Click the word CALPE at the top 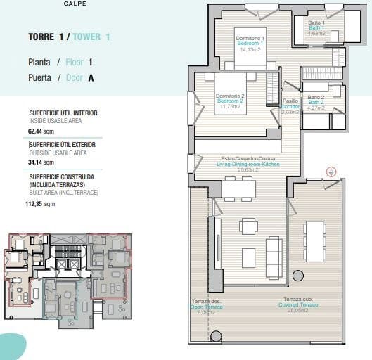(75, 4)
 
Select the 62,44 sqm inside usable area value (41, 131)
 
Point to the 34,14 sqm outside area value (40, 162)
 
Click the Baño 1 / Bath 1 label (316, 27)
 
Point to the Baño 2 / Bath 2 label (316, 103)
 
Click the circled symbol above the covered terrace (332, 172)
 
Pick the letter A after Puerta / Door (91, 79)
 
